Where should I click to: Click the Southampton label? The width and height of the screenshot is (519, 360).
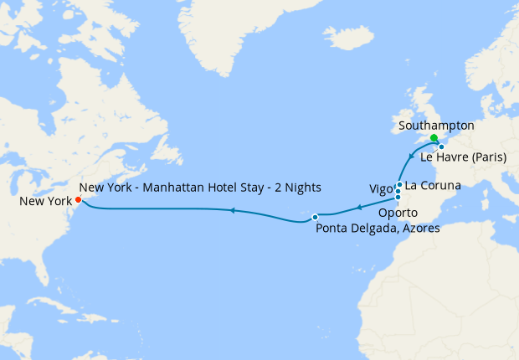[437, 126]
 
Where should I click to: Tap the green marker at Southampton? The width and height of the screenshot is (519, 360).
[434, 138]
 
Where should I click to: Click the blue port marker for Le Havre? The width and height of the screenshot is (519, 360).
[441, 147]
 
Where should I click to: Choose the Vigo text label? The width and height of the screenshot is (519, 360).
[380, 189]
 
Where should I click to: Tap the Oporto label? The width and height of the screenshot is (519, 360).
[397, 213]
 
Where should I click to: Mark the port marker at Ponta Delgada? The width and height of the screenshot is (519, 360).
[315, 218]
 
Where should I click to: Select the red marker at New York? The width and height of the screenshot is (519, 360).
[78, 199]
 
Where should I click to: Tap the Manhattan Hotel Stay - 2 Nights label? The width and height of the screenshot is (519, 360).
[201, 186]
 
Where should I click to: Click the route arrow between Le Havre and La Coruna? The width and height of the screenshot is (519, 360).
[410, 156]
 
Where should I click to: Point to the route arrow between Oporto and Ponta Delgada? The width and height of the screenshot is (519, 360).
[357, 207]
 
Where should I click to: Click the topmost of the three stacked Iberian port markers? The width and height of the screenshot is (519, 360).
[400, 184]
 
